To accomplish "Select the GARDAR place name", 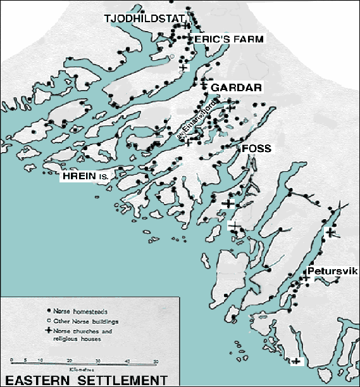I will [x=236, y=87].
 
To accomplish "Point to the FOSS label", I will [x=256, y=148].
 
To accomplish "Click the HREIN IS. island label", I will [x=85, y=178].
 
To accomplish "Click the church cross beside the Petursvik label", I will [x=306, y=277].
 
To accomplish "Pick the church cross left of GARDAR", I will [x=204, y=85].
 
